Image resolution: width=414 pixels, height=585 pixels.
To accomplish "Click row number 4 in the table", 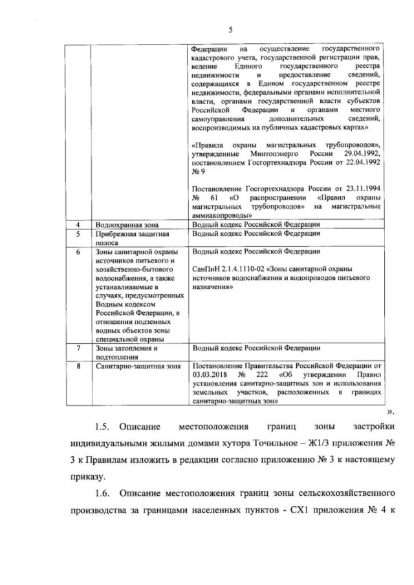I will [x=78, y=224].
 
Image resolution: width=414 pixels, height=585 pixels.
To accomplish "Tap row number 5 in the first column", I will [x=78, y=233].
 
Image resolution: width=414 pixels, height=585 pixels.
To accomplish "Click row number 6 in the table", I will [x=78, y=251].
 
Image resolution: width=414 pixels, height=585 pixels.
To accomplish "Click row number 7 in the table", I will [x=78, y=348].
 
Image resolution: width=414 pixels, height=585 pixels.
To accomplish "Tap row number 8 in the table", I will [x=78, y=366].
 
